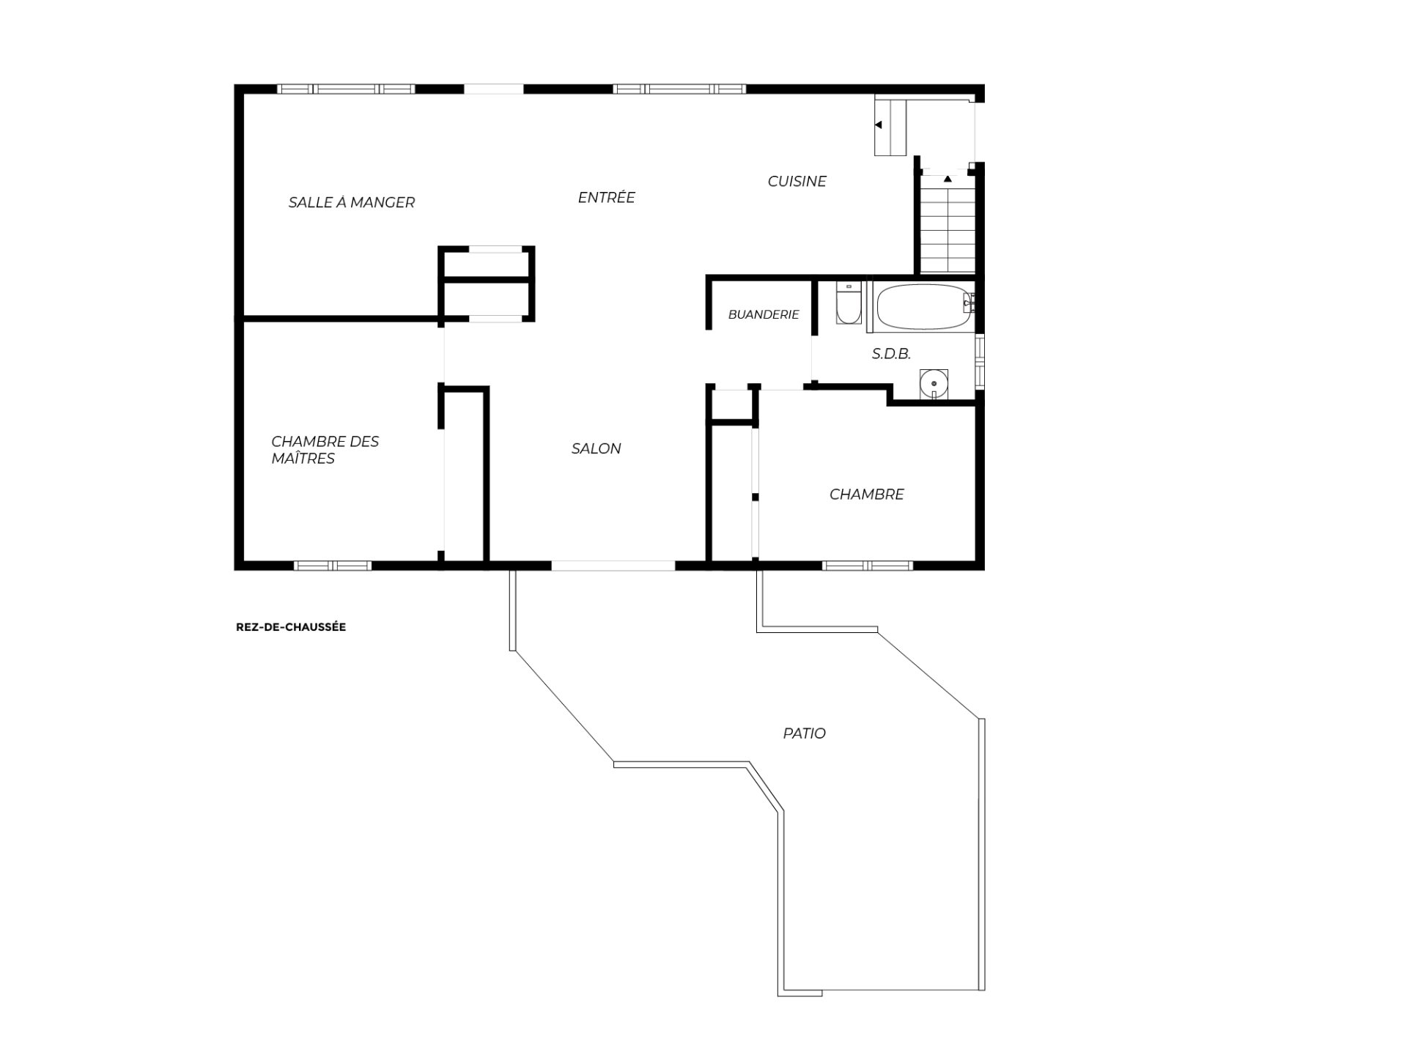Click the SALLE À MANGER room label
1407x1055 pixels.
[x=352, y=202]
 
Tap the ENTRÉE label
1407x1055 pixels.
[x=606, y=197]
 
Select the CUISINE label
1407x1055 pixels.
[x=797, y=181]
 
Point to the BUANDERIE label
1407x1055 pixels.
[x=764, y=314]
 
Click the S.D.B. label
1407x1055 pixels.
[x=891, y=354]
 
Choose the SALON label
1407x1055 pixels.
[x=596, y=448]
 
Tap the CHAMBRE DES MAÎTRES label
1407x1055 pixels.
[x=325, y=450]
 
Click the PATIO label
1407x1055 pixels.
[x=804, y=733]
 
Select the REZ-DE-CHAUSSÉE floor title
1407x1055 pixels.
[x=291, y=627]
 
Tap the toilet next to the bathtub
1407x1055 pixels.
[x=849, y=303]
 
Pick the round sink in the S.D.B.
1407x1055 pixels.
[x=934, y=384]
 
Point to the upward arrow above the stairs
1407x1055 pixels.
[x=948, y=178]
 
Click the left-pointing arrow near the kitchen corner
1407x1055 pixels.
[x=878, y=125]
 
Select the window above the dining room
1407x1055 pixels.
[x=346, y=89]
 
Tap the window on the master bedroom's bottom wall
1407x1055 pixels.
[x=333, y=566]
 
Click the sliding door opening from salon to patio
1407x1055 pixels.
[x=613, y=566]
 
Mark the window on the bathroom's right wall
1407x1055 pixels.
[x=980, y=360]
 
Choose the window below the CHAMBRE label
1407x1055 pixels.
[x=868, y=566]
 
